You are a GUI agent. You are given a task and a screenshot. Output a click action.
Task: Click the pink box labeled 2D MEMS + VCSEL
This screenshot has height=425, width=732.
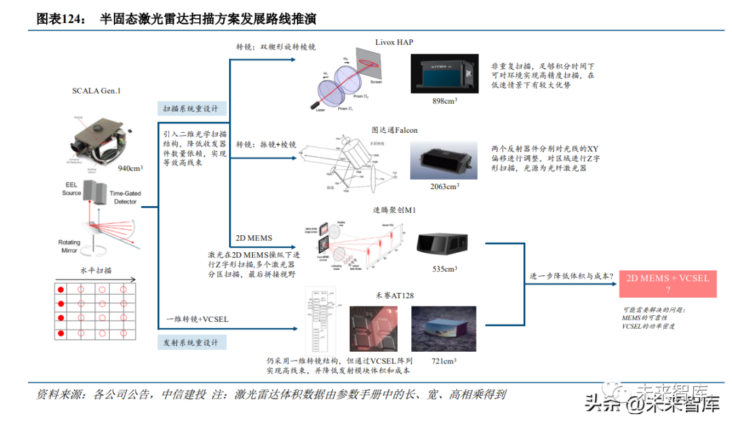tap(668, 283)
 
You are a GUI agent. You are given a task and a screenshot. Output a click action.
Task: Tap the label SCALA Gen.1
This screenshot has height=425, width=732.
tap(96, 90)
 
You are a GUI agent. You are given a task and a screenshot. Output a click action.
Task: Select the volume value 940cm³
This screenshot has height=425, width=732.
tap(130, 167)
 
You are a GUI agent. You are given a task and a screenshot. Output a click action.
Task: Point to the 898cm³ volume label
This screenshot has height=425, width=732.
tap(445, 101)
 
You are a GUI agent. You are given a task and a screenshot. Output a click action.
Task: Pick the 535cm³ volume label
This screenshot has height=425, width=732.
tap(445, 269)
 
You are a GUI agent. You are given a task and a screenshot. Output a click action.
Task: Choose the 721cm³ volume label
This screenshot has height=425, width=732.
tap(444, 361)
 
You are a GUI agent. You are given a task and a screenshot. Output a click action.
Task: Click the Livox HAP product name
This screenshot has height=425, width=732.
tap(394, 42)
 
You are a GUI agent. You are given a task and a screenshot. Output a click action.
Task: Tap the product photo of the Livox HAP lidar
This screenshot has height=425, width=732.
tap(445, 73)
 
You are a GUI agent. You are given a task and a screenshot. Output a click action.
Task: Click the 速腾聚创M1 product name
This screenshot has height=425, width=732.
tap(394, 211)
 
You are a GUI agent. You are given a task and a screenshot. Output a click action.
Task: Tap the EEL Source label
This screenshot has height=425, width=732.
tap(72, 189)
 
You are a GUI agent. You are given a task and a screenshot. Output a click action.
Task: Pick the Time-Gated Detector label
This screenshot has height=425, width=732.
tap(125, 197)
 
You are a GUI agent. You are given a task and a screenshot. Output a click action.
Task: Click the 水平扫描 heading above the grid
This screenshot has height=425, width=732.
tap(96, 270)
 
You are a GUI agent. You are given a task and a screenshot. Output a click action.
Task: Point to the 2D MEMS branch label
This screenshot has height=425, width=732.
tap(253, 238)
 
